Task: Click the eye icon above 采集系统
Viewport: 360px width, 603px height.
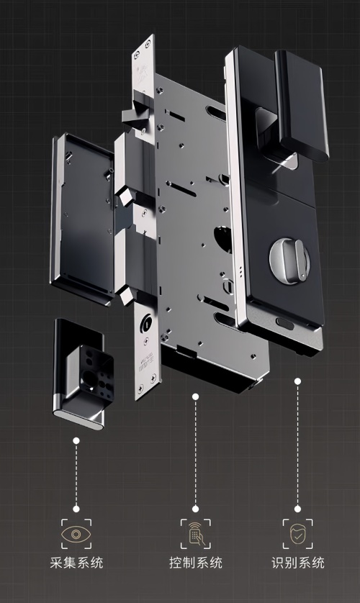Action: pyautogui.click(x=76, y=534)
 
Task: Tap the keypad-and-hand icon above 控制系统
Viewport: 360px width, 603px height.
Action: pyautogui.click(x=196, y=534)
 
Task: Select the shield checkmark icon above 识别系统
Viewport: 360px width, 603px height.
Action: pyautogui.click(x=297, y=534)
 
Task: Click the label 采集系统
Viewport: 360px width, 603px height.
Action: pyautogui.click(x=76, y=563)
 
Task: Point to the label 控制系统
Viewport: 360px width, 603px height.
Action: pyautogui.click(x=196, y=563)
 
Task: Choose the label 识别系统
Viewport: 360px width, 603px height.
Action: pyautogui.click(x=297, y=563)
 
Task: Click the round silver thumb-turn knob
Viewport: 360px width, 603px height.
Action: pyautogui.click(x=289, y=260)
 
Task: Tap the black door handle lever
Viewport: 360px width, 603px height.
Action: pyautogui.click(x=301, y=104)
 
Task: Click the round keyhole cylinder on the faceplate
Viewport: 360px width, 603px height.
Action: pyautogui.click(x=146, y=321)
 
